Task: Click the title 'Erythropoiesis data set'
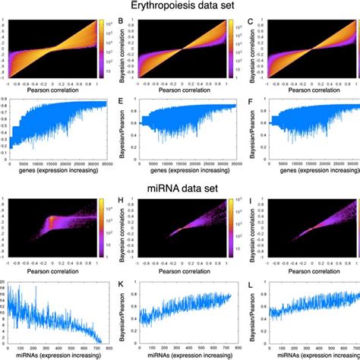[179, 6]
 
